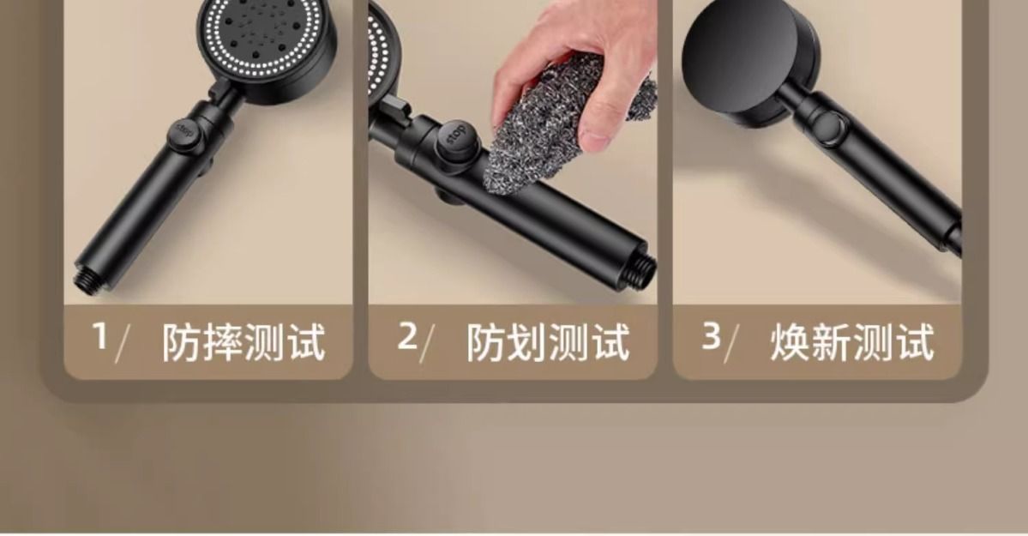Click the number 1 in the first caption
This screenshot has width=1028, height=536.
(x=100, y=335)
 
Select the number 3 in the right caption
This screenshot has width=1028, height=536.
(x=712, y=335)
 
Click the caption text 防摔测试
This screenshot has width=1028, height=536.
(x=243, y=342)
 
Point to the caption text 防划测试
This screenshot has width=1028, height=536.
(x=547, y=342)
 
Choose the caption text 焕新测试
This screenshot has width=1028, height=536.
(x=851, y=342)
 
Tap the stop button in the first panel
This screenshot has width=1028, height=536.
(x=183, y=133)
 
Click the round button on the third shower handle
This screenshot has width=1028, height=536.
(x=830, y=126)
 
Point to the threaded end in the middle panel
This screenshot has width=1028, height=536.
(x=645, y=268)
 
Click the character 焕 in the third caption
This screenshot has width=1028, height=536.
(x=790, y=342)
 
